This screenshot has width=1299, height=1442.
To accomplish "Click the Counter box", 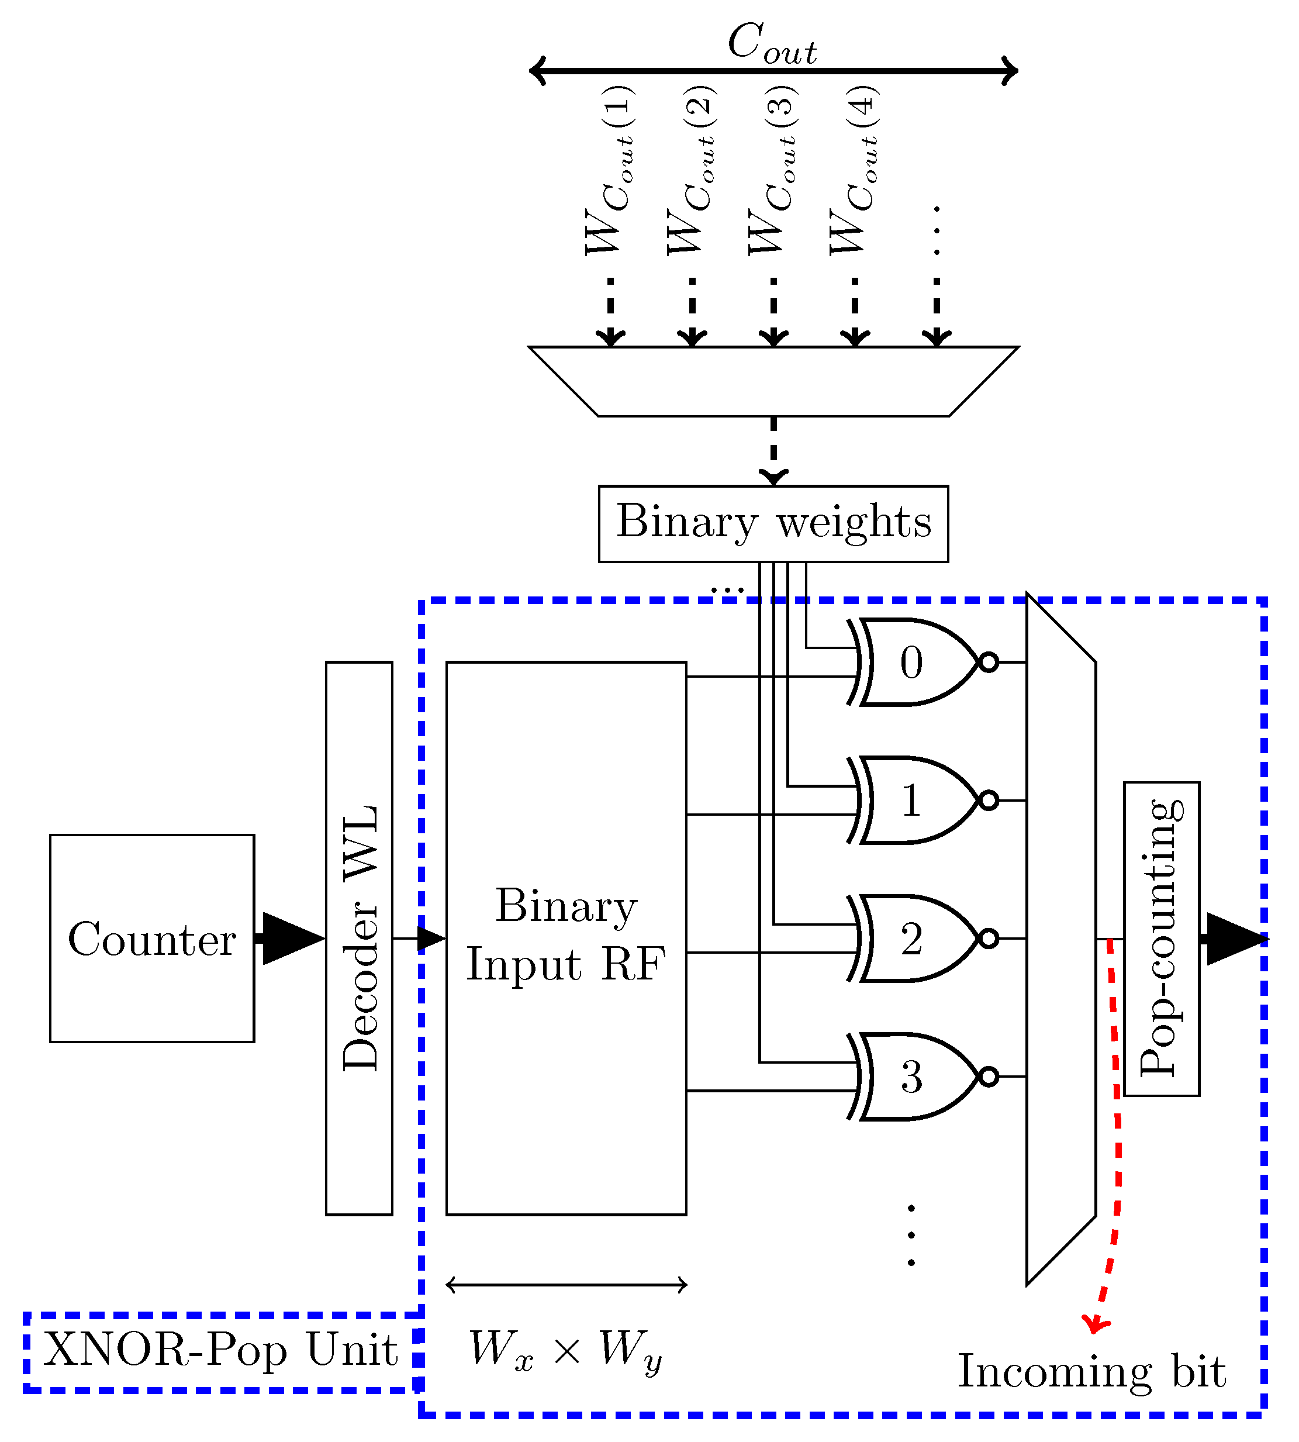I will [x=152, y=938].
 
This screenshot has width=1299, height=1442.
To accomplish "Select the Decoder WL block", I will [x=359, y=938].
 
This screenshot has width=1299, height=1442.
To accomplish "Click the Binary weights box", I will [x=773, y=524].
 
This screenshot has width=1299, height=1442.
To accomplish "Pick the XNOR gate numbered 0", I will [x=914, y=663].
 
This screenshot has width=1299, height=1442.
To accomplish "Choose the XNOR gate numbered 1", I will [x=914, y=801].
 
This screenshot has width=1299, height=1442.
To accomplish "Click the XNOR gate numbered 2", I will [x=914, y=938].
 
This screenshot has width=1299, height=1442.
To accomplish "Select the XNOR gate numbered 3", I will [x=914, y=1077].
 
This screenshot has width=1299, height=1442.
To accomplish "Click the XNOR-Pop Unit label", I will [x=220, y=1351].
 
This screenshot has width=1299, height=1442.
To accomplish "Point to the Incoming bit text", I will [x=1091, y=1371].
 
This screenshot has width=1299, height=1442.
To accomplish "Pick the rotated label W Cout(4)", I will [x=854, y=171].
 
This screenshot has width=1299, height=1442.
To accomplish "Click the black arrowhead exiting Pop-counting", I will [x=1235, y=939].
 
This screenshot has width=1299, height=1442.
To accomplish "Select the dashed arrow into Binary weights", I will [x=773, y=453].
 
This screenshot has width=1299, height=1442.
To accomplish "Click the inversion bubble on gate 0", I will [x=989, y=663].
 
